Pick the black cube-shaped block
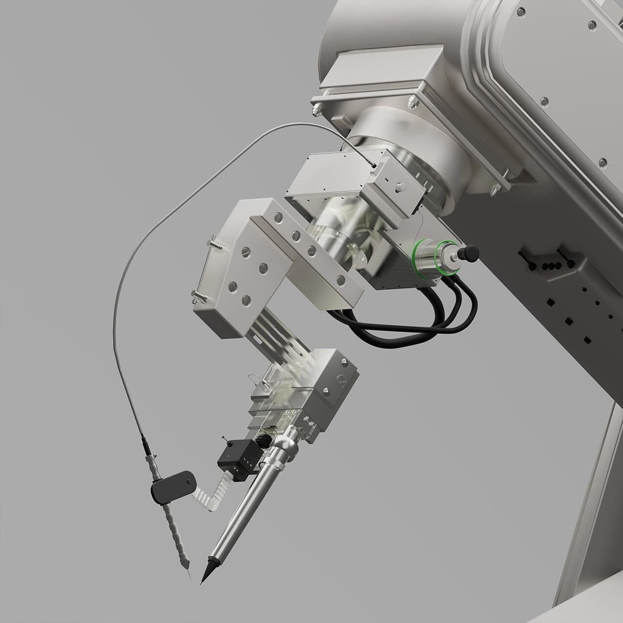[237, 456]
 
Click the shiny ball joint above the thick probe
[283, 445]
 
